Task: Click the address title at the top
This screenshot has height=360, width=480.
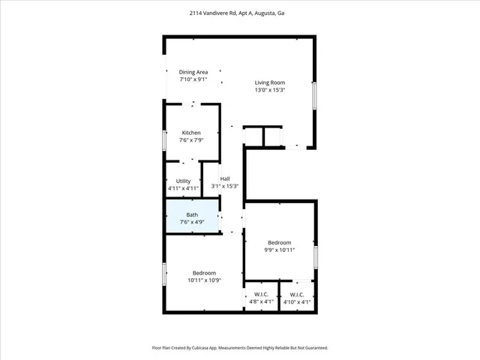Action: [239, 13]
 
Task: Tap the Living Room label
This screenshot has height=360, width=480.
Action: [270, 82]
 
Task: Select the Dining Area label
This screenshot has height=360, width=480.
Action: [193, 72]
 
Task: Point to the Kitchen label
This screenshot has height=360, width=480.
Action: [191, 133]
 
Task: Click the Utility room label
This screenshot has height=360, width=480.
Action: [183, 181]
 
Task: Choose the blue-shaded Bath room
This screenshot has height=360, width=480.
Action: [192, 217]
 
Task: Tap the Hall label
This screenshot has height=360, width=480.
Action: [225, 178]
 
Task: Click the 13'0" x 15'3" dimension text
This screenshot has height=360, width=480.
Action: [270, 90]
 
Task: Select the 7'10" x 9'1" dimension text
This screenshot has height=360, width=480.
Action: [193, 79]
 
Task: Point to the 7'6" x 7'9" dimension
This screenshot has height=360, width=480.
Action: [191, 140]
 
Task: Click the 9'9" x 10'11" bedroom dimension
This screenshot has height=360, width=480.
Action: [280, 250]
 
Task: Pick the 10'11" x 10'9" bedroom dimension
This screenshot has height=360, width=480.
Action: [204, 280]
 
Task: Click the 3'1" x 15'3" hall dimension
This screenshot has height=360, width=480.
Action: [225, 186]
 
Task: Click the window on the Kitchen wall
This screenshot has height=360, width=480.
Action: [165, 141]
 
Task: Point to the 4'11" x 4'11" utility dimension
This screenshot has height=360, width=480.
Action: [183, 188]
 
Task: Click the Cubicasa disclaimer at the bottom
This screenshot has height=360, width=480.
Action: [239, 348]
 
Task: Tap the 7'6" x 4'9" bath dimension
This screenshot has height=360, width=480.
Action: [192, 222]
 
